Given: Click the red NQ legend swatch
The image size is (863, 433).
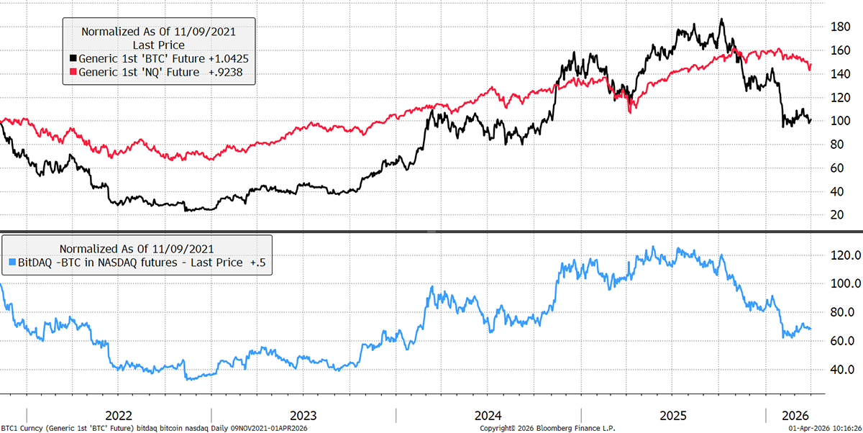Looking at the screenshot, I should (73, 72).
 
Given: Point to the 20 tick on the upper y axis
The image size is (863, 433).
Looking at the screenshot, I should (837, 214).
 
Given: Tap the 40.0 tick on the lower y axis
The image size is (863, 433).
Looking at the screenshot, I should (842, 369).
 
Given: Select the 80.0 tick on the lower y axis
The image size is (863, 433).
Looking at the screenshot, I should (842, 312).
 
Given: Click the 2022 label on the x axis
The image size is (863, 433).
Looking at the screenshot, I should (118, 416).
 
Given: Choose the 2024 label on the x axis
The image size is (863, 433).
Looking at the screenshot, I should (488, 416).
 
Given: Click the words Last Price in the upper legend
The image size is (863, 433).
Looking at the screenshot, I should (158, 45).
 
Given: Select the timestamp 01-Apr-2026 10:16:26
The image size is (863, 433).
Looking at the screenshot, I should (820, 428).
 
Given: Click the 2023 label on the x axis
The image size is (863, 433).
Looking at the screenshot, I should (303, 416).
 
